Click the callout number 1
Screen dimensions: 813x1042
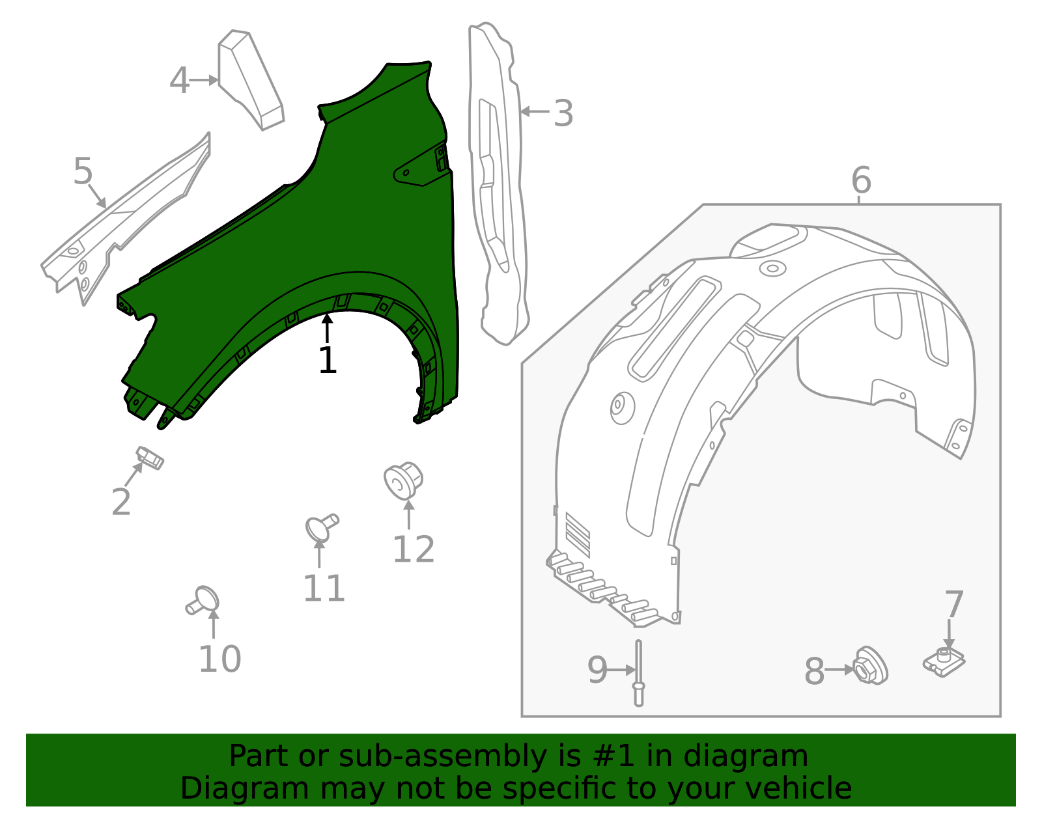[327, 361]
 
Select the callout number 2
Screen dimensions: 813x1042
[121, 503]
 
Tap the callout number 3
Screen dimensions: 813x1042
[563, 113]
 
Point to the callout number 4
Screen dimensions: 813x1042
[179, 81]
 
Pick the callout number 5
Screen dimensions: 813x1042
[83, 172]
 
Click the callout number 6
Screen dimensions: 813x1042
[861, 180]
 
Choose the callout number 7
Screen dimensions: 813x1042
[953, 605]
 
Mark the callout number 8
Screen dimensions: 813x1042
[814, 671]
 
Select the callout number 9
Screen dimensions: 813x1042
[597, 670]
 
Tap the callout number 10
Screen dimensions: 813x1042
[219, 659]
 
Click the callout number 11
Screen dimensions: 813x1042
[324, 588]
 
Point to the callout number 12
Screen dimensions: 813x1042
[413, 549]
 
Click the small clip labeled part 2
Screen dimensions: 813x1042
[150, 457]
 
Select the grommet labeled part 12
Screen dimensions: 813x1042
[404, 480]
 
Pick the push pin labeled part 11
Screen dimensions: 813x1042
[321, 527]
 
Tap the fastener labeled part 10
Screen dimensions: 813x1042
[204, 599]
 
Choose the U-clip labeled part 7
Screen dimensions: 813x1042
[944, 661]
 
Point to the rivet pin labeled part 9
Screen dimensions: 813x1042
[639, 673]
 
